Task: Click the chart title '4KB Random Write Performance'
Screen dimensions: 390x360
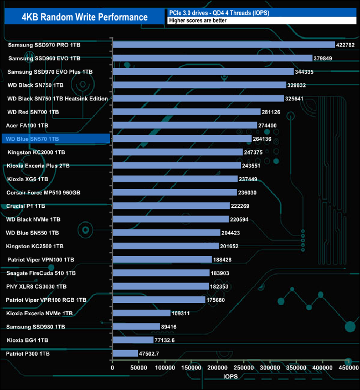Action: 85,17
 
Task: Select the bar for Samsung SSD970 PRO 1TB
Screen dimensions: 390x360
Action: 224,44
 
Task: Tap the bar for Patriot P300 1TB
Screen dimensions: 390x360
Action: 125,353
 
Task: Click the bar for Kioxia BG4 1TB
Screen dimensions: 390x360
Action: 133,340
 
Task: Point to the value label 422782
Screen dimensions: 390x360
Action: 348,44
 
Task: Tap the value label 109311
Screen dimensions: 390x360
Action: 183,313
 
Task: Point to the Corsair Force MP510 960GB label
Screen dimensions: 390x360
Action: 43,192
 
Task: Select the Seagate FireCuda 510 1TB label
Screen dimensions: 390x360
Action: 40,273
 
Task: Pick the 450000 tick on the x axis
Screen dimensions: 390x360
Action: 348,367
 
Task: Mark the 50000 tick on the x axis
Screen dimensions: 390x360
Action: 138,367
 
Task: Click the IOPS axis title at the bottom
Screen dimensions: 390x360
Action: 231,376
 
